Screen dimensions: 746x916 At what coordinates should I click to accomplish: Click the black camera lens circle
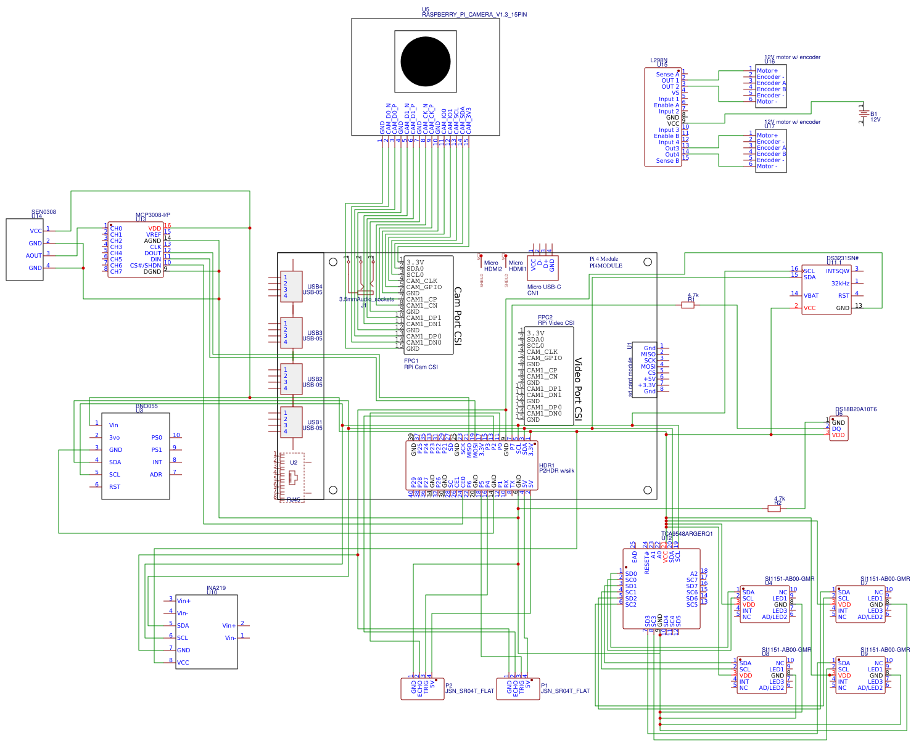(425, 62)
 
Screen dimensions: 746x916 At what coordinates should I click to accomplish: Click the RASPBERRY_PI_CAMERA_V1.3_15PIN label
(474, 15)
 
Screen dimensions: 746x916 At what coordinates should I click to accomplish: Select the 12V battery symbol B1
(863, 113)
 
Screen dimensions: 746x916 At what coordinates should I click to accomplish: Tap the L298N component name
(658, 60)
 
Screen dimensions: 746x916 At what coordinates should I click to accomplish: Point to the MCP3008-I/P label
(152, 215)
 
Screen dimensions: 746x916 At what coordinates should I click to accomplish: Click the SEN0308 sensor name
(43, 211)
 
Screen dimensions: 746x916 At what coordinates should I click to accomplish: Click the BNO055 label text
(146, 406)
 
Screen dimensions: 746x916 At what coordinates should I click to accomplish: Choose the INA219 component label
(216, 588)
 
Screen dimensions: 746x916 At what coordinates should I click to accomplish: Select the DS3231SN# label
(843, 258)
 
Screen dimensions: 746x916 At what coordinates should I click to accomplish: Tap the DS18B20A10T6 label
(856, 409)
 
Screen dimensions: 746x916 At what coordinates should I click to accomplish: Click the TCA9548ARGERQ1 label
(687, 534)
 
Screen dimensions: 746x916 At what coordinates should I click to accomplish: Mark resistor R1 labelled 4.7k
(688, 305)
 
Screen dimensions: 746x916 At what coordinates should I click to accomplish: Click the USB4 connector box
(291, 287)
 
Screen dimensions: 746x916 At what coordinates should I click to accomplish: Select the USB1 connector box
(291, 422)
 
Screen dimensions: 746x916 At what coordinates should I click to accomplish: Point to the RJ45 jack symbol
(292, 478)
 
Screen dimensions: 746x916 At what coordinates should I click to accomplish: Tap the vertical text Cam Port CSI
(458, 316)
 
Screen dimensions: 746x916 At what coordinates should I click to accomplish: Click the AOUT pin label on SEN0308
(33, 255)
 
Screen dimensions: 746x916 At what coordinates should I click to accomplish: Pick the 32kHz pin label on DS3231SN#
(840, 284)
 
